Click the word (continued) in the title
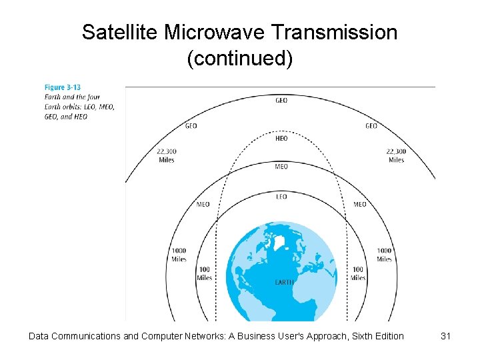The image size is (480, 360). pos(239,58)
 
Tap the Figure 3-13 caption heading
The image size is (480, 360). pos(63,87)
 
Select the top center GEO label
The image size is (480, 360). pos(282,101)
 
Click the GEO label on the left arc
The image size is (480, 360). pos(191,126)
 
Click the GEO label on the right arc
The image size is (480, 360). pos(371,126)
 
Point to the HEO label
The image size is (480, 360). pos(281,139)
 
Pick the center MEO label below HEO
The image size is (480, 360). pos(281,167)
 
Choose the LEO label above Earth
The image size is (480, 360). pos(281,197)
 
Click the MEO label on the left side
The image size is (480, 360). pos(203,205)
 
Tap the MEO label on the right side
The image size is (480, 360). pos(359,205)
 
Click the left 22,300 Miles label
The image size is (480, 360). pos(166,155)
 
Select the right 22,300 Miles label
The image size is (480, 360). pos(396,155)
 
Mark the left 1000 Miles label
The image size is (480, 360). pos(179,255)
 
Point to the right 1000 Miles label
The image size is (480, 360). pos(384,255)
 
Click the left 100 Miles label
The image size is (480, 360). pos(205,273)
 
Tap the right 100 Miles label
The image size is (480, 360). pos(358,273)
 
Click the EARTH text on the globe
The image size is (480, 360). pos(284,283)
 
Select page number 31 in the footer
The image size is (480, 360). pos(446,336)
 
